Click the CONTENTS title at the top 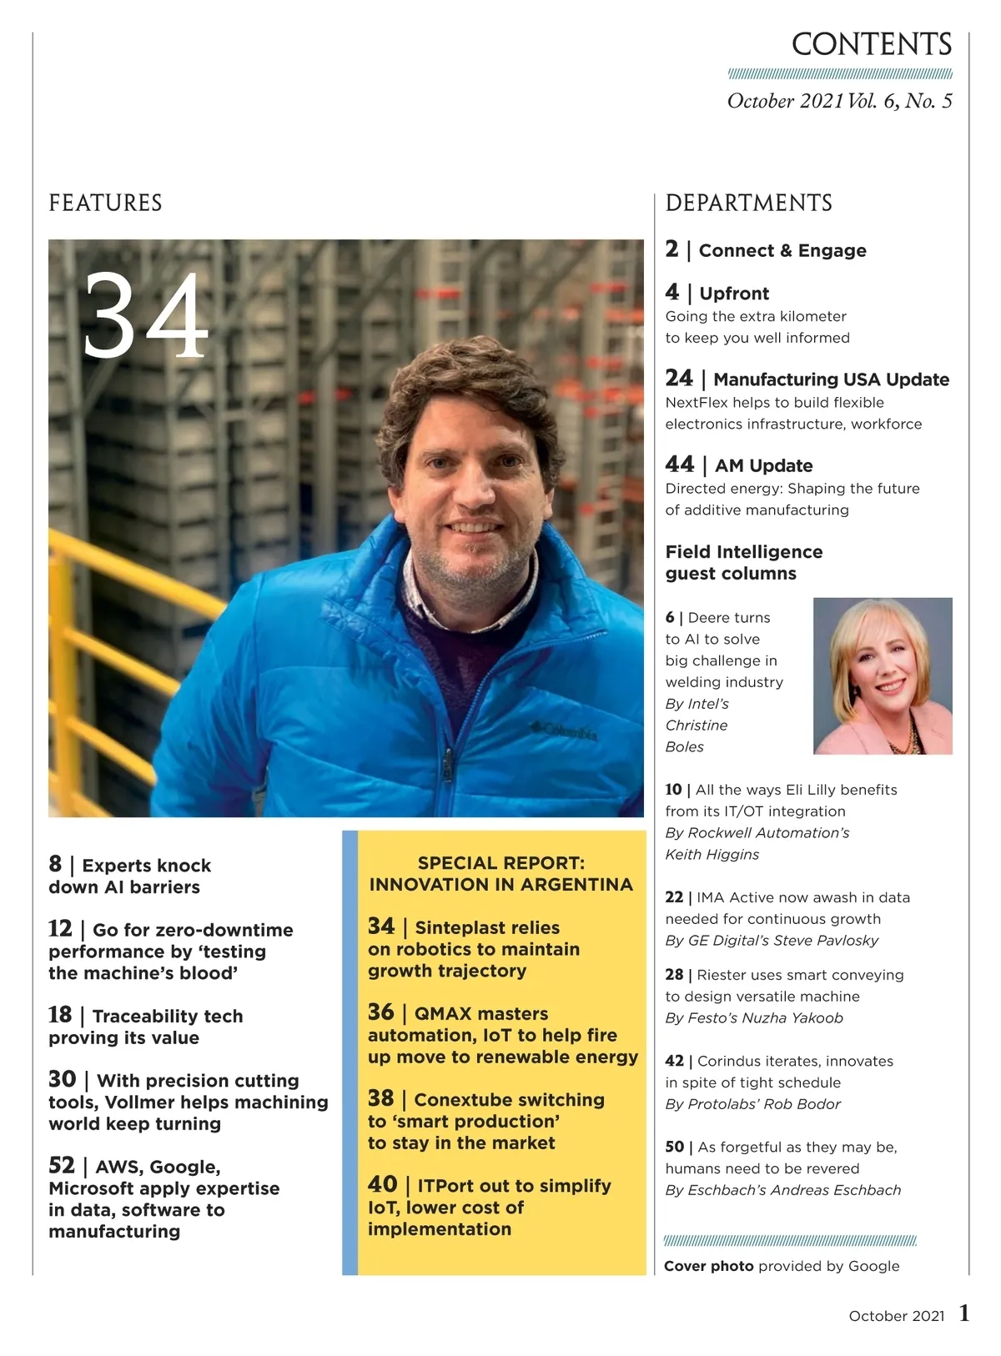(871, 45)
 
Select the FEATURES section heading (105, 203)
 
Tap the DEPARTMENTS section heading (748, 203)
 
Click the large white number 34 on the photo (145, 317)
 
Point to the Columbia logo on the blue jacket (566, 731)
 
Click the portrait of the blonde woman (883, 675)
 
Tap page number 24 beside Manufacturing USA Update (679, 379)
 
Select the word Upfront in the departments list (734, 294)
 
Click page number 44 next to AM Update (679, 465)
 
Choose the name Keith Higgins (712, 854)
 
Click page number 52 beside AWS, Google (62, 1165)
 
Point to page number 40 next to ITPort (382, 1184)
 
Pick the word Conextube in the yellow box (462, 1100)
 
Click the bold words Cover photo (708, 1266)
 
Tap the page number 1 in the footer (964, 1313)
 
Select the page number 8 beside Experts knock (55, 864)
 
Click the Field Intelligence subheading (743, 552)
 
